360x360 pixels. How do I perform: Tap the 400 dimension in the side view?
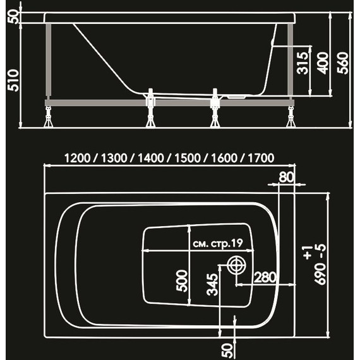[323, 62]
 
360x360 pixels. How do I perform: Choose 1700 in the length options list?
[260, 158]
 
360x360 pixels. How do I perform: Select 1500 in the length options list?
[188, 158]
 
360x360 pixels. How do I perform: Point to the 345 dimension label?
[213, 286]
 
